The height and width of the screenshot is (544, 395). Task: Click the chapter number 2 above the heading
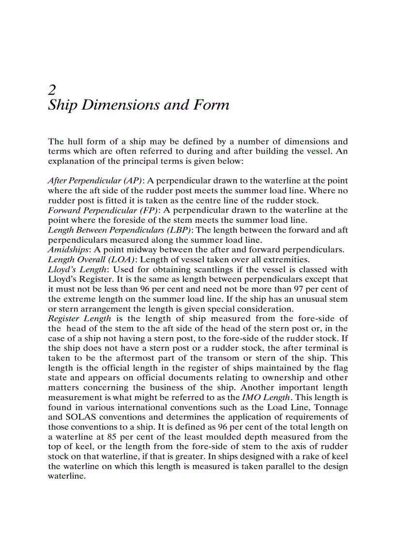pos(52,89)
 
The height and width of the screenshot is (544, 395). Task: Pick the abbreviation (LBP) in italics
pos(178,230)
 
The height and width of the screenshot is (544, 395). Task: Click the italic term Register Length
pos(79,319)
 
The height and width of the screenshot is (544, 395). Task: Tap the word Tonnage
pos(331,407)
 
